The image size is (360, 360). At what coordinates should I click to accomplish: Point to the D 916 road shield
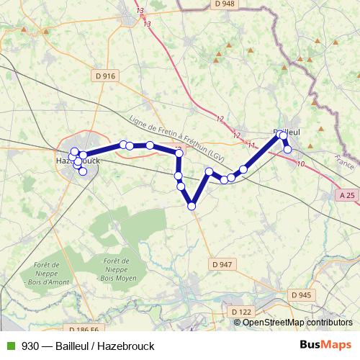point(104,75)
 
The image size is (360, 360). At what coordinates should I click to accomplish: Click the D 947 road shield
point(222,264)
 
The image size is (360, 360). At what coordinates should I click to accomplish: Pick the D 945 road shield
point(301,294)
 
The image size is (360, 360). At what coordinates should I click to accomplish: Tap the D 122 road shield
point(243,311)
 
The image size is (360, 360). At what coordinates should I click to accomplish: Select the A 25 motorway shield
point(347,194)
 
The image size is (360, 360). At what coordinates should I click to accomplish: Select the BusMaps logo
point(328,346)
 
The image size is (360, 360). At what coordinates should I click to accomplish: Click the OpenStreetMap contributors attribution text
point(297,323)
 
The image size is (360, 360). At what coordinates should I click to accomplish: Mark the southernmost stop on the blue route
point(192,206)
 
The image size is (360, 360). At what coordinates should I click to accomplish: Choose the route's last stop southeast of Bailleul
point(287,150)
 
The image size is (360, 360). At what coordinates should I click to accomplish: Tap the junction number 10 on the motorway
point(300,165)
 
